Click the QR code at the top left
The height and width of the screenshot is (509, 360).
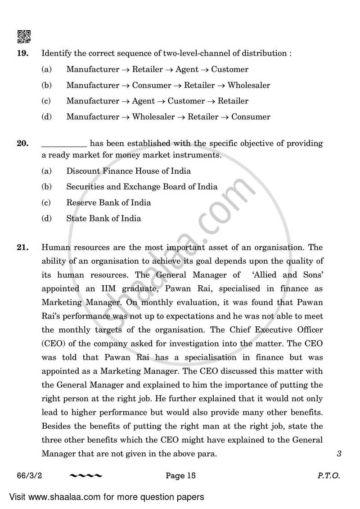point(24,36)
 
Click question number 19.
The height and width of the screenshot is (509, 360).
point(22,54)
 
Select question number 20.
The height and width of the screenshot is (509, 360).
point(22,144)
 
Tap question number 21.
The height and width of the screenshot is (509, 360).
point(22,248)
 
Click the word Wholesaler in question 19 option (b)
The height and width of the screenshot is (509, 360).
point(249,86)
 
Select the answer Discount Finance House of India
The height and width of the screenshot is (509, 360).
point(128,171)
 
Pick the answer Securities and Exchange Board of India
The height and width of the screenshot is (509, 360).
point(142,187)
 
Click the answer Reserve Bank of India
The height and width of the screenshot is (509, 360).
point(108,203)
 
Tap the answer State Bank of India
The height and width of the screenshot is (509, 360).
point(103,219)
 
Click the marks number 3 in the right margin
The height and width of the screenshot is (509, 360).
point(339,454)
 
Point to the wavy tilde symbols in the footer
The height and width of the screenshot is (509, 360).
point(86,476)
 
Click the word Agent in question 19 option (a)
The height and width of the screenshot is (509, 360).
point(187,70)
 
